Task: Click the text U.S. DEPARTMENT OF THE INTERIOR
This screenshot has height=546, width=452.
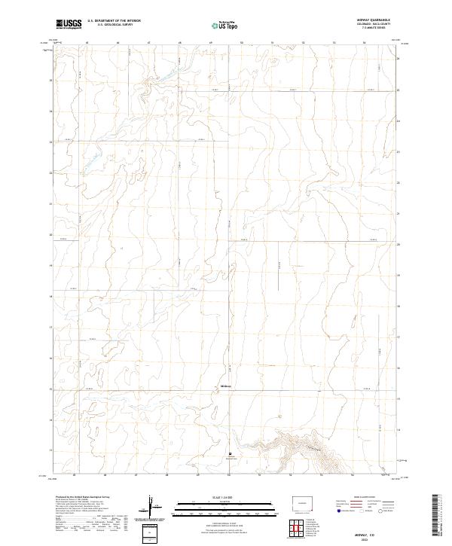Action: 114,21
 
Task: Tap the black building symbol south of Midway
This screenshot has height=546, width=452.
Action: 230,453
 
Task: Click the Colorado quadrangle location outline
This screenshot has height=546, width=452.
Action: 305,502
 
